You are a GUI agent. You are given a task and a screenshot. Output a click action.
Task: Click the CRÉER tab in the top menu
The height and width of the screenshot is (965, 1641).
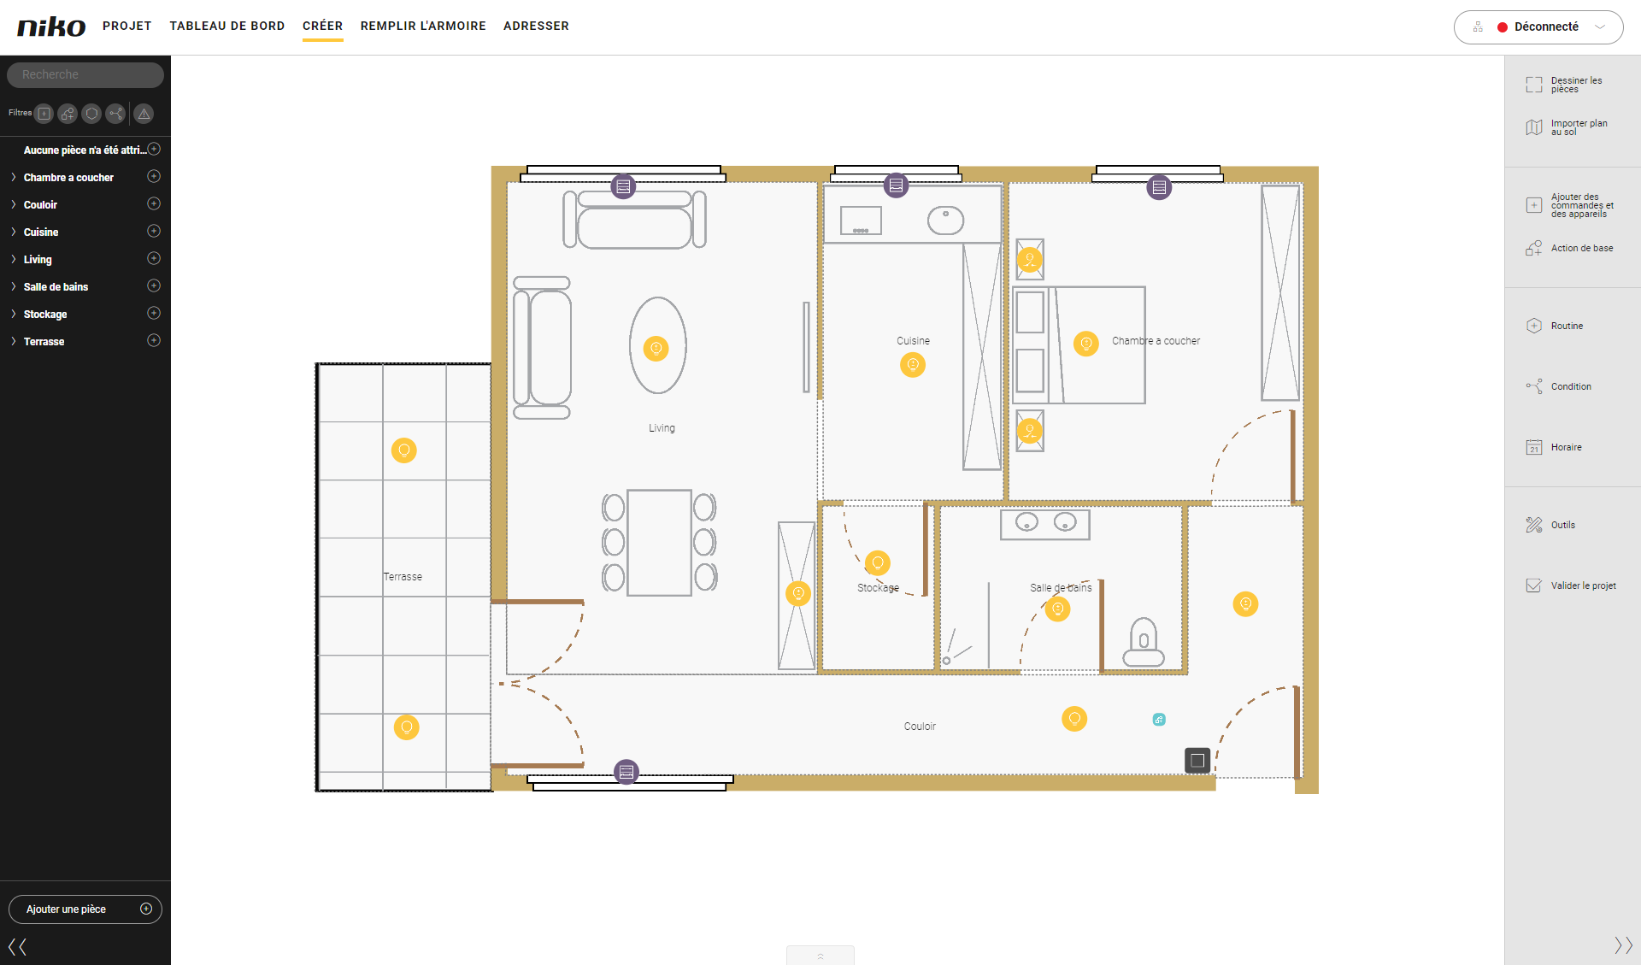pos(322,26)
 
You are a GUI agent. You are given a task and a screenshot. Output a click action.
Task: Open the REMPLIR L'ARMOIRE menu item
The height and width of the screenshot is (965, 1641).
pos(423,26)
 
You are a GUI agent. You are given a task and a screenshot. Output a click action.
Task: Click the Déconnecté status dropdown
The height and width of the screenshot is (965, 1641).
pos(1538,26)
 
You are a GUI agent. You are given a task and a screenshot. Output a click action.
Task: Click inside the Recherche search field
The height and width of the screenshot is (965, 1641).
pos(85,74)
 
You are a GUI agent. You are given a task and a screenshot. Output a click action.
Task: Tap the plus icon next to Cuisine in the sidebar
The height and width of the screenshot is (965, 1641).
pos(154,231)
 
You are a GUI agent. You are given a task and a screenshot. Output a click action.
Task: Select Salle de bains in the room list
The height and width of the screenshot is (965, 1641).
pos(56,286)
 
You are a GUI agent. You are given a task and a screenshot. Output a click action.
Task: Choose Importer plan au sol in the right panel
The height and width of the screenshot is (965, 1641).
pos(1567,127)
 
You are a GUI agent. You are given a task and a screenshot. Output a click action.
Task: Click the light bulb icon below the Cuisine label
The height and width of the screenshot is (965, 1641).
pos(913,365)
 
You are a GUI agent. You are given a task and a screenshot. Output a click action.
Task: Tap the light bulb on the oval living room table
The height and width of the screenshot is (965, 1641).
pos(656,348)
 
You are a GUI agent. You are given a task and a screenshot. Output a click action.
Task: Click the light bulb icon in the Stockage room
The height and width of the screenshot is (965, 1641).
pos(878,562)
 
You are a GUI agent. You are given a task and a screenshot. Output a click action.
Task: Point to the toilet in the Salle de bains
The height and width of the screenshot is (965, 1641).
pos(1144,642)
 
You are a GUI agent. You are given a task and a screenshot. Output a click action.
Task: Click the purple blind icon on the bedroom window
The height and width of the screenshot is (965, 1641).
pos(1159,187)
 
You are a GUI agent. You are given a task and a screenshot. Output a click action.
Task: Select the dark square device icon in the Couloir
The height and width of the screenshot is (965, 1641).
pos(1197,760)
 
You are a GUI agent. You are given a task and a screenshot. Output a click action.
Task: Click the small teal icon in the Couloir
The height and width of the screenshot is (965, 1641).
pos(1159,720)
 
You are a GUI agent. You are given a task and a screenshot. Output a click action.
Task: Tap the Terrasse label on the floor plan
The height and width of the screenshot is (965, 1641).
pos(403,577)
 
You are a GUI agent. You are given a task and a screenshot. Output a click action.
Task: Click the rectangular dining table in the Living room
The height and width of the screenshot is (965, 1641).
pos(659,543)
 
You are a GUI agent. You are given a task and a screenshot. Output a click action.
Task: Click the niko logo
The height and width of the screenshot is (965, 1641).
pos(51,26)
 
